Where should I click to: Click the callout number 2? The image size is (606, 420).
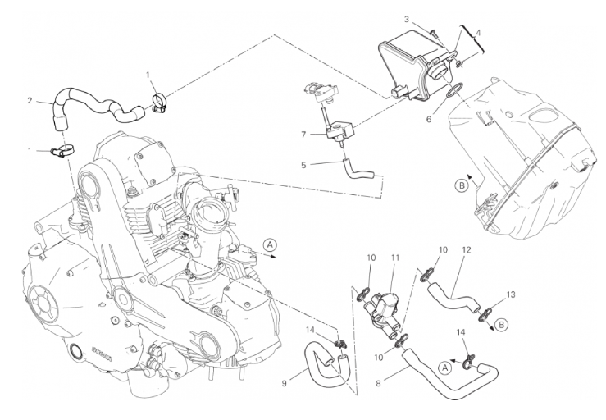click(x=30, y=101)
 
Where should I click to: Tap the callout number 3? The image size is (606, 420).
click(x=407, y=19)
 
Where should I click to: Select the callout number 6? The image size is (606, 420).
click(x=429, y=119)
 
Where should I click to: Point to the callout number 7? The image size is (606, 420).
click(x=303, y=135)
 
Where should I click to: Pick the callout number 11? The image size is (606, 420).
click(x=394, y=258)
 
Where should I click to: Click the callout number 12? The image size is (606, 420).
click(x=467, y=250)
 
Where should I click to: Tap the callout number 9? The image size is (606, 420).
click(x=285, y=383)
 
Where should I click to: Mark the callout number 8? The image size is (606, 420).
click(x=378, y=383)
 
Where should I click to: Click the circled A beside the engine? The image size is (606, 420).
click(x=270, y=244)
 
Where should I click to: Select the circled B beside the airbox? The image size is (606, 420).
click(x=462, y=186)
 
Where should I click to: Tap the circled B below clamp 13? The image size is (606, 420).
click(x=501, y=325)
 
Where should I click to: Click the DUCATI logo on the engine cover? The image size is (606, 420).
click(x=102, y=354)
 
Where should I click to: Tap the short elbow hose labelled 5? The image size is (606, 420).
click(x=358, y=170)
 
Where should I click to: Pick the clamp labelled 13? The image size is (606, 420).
click(x=485, y=314)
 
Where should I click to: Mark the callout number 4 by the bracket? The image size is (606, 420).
click(x=478, y=34)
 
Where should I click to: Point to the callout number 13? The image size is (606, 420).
click(x=511, y=294)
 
